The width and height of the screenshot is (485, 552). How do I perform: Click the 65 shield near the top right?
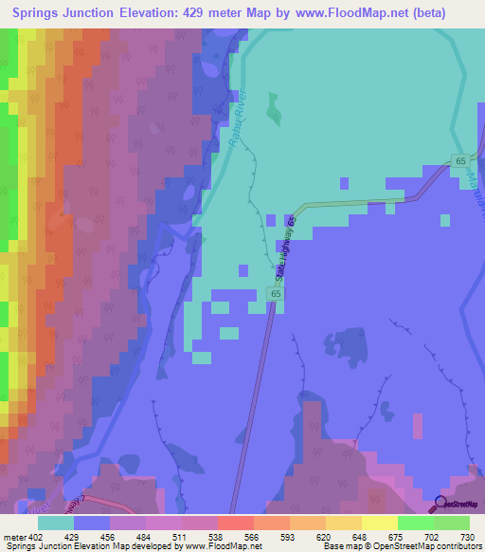(460, 162)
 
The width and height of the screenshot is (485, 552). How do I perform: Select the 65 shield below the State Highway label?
(276, 296)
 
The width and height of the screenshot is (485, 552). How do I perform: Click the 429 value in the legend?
(70, 536)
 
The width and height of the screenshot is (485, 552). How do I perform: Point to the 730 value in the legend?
(465, 536)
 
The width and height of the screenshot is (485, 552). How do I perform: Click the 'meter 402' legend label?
(23, 536)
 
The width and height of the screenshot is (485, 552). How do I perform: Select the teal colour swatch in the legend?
(55, 523)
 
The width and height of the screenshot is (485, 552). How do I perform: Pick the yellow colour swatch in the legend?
(379, 523)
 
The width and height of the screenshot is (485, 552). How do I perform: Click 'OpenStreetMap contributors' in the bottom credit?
(431, 546)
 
